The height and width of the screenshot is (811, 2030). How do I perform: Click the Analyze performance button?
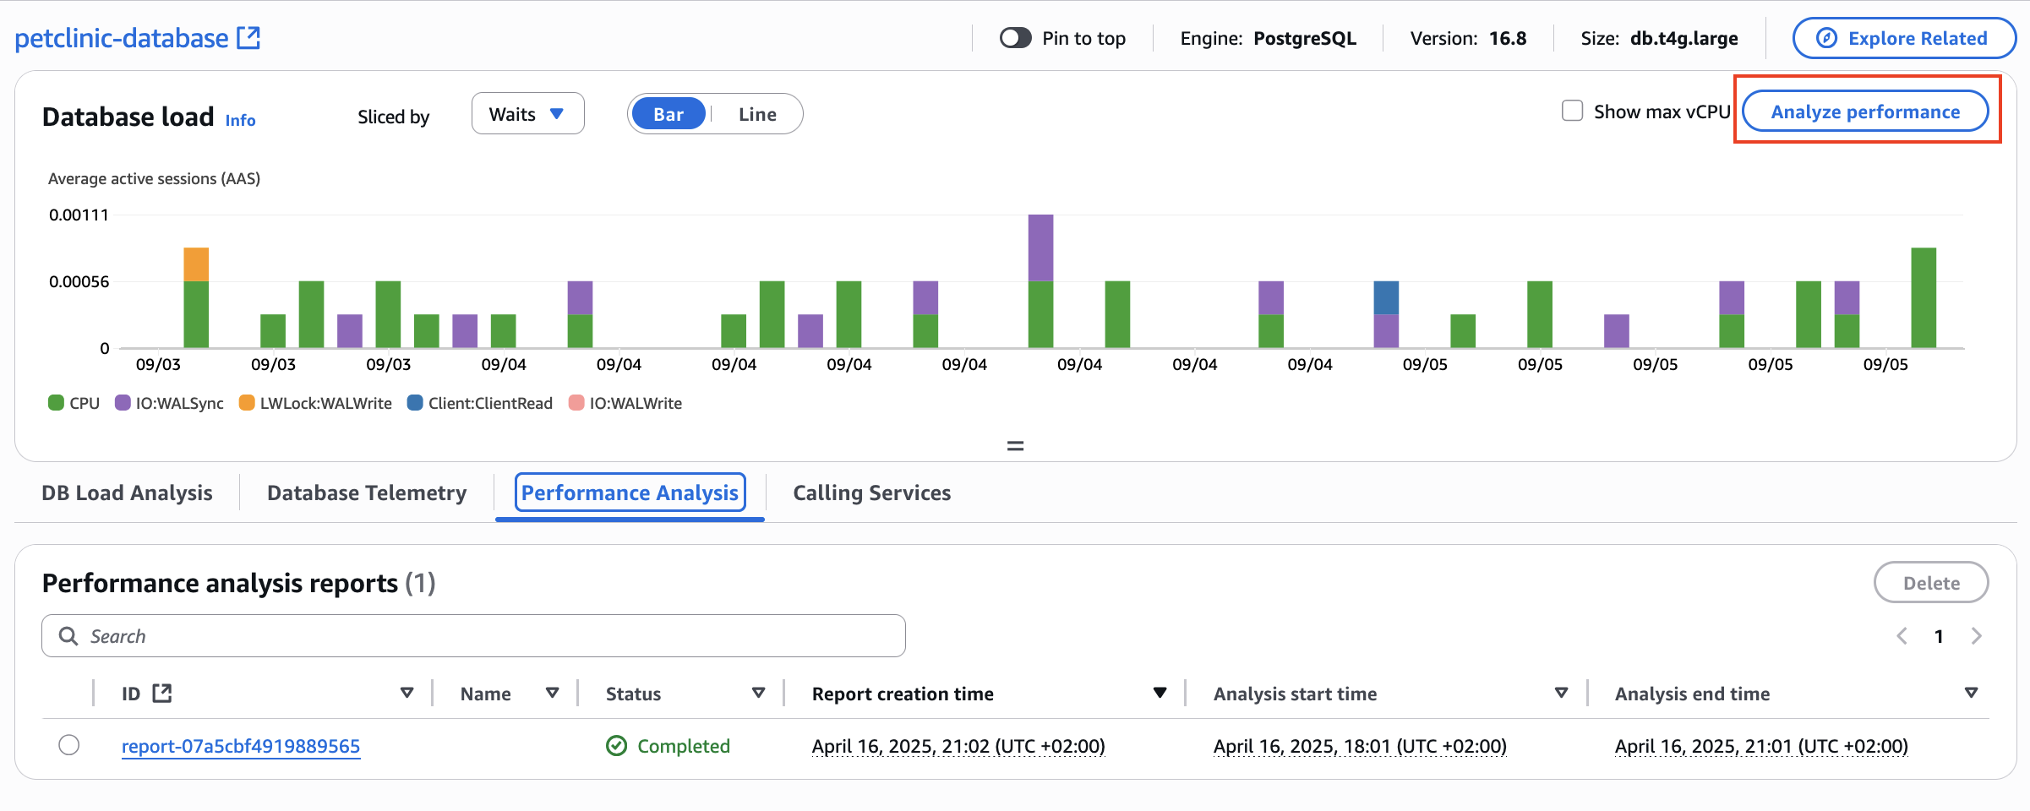[1865, 112]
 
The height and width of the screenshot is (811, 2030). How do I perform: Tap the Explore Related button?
[1904, 39]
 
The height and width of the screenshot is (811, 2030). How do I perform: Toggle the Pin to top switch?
[1015, 38]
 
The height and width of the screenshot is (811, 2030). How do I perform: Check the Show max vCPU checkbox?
[1572, 112]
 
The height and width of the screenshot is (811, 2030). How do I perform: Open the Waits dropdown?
[527, 114]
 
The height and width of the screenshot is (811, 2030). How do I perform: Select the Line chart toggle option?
[756, 115]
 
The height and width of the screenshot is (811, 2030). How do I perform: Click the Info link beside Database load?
[240, 121]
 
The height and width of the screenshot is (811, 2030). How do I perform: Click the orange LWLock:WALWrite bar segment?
[196, 264]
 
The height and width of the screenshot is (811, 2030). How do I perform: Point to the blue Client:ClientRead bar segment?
[1386, 298]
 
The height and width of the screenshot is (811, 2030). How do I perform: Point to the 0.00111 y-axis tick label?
[79, 215]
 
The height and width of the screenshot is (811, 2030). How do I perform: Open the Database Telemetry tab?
[367, 493]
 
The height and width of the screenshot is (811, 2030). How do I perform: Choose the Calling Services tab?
[871, 493]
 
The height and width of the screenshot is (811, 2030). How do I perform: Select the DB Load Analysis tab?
[127, 493]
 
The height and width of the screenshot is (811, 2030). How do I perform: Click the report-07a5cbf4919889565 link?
[241, 747]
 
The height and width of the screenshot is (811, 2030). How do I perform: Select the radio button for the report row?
[69, 745]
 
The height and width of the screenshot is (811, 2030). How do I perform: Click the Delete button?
[1930, 583]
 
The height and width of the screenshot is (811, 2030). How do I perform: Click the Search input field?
[473, 636]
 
